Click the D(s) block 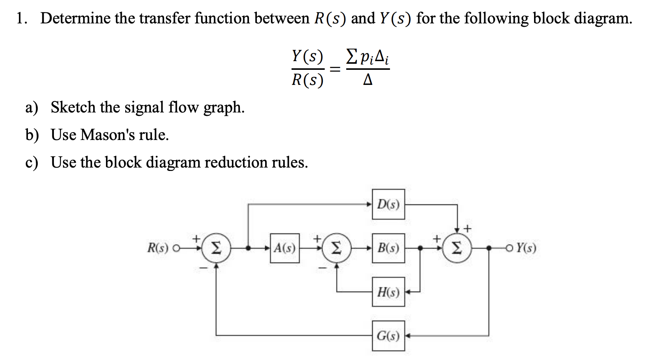(388, 204)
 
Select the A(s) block (285, 248)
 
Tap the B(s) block (388, 248)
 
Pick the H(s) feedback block (388, 292)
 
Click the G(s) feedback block (388, 335)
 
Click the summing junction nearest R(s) (216, 248)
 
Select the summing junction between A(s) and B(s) (336, 248)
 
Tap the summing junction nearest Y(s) (457, 248)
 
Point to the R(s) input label (158, 248)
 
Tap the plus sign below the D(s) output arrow (467, 228)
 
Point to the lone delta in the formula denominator (368, 80)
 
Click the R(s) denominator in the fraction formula (307, 80)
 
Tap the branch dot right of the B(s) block (421, 248)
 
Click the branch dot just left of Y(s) (489, 248)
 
